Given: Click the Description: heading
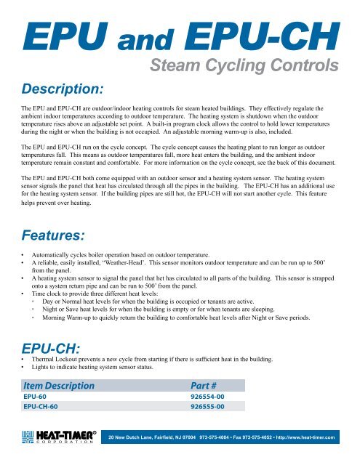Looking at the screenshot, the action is (64, 89).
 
